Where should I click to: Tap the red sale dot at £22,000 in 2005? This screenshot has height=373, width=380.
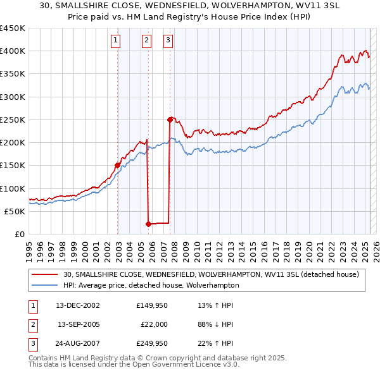(148, 224)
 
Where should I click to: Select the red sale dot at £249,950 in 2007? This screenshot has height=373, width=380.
(170, 119)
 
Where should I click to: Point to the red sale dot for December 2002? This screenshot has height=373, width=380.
(117, 165)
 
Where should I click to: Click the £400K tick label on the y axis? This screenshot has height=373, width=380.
(12, 51)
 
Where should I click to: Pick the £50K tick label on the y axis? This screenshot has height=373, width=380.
(15, 211)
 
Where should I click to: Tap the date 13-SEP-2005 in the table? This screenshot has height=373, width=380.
(79, 324)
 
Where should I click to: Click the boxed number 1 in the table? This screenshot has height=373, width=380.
(32, 305)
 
